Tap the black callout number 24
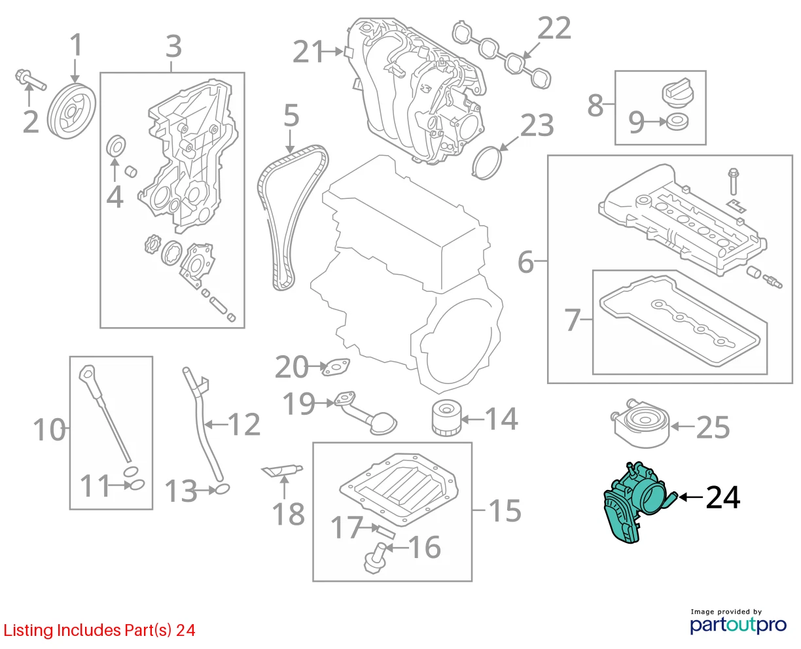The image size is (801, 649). tap(722, 497)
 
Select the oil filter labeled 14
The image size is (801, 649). tap(447, 418)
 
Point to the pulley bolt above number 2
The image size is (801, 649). tap(31, 80)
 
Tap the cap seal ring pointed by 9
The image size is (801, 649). tap(677, 122)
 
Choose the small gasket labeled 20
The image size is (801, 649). tap(336, 367)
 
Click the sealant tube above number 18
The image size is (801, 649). tap(282, 470)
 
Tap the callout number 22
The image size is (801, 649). tap(554, 28)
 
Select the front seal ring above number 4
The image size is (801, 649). tap(116, 145)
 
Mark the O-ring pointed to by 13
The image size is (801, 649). tap(222, 489)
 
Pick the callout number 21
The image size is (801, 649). tap(308, 51)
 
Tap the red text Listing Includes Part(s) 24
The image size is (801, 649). tap(99, 631)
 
